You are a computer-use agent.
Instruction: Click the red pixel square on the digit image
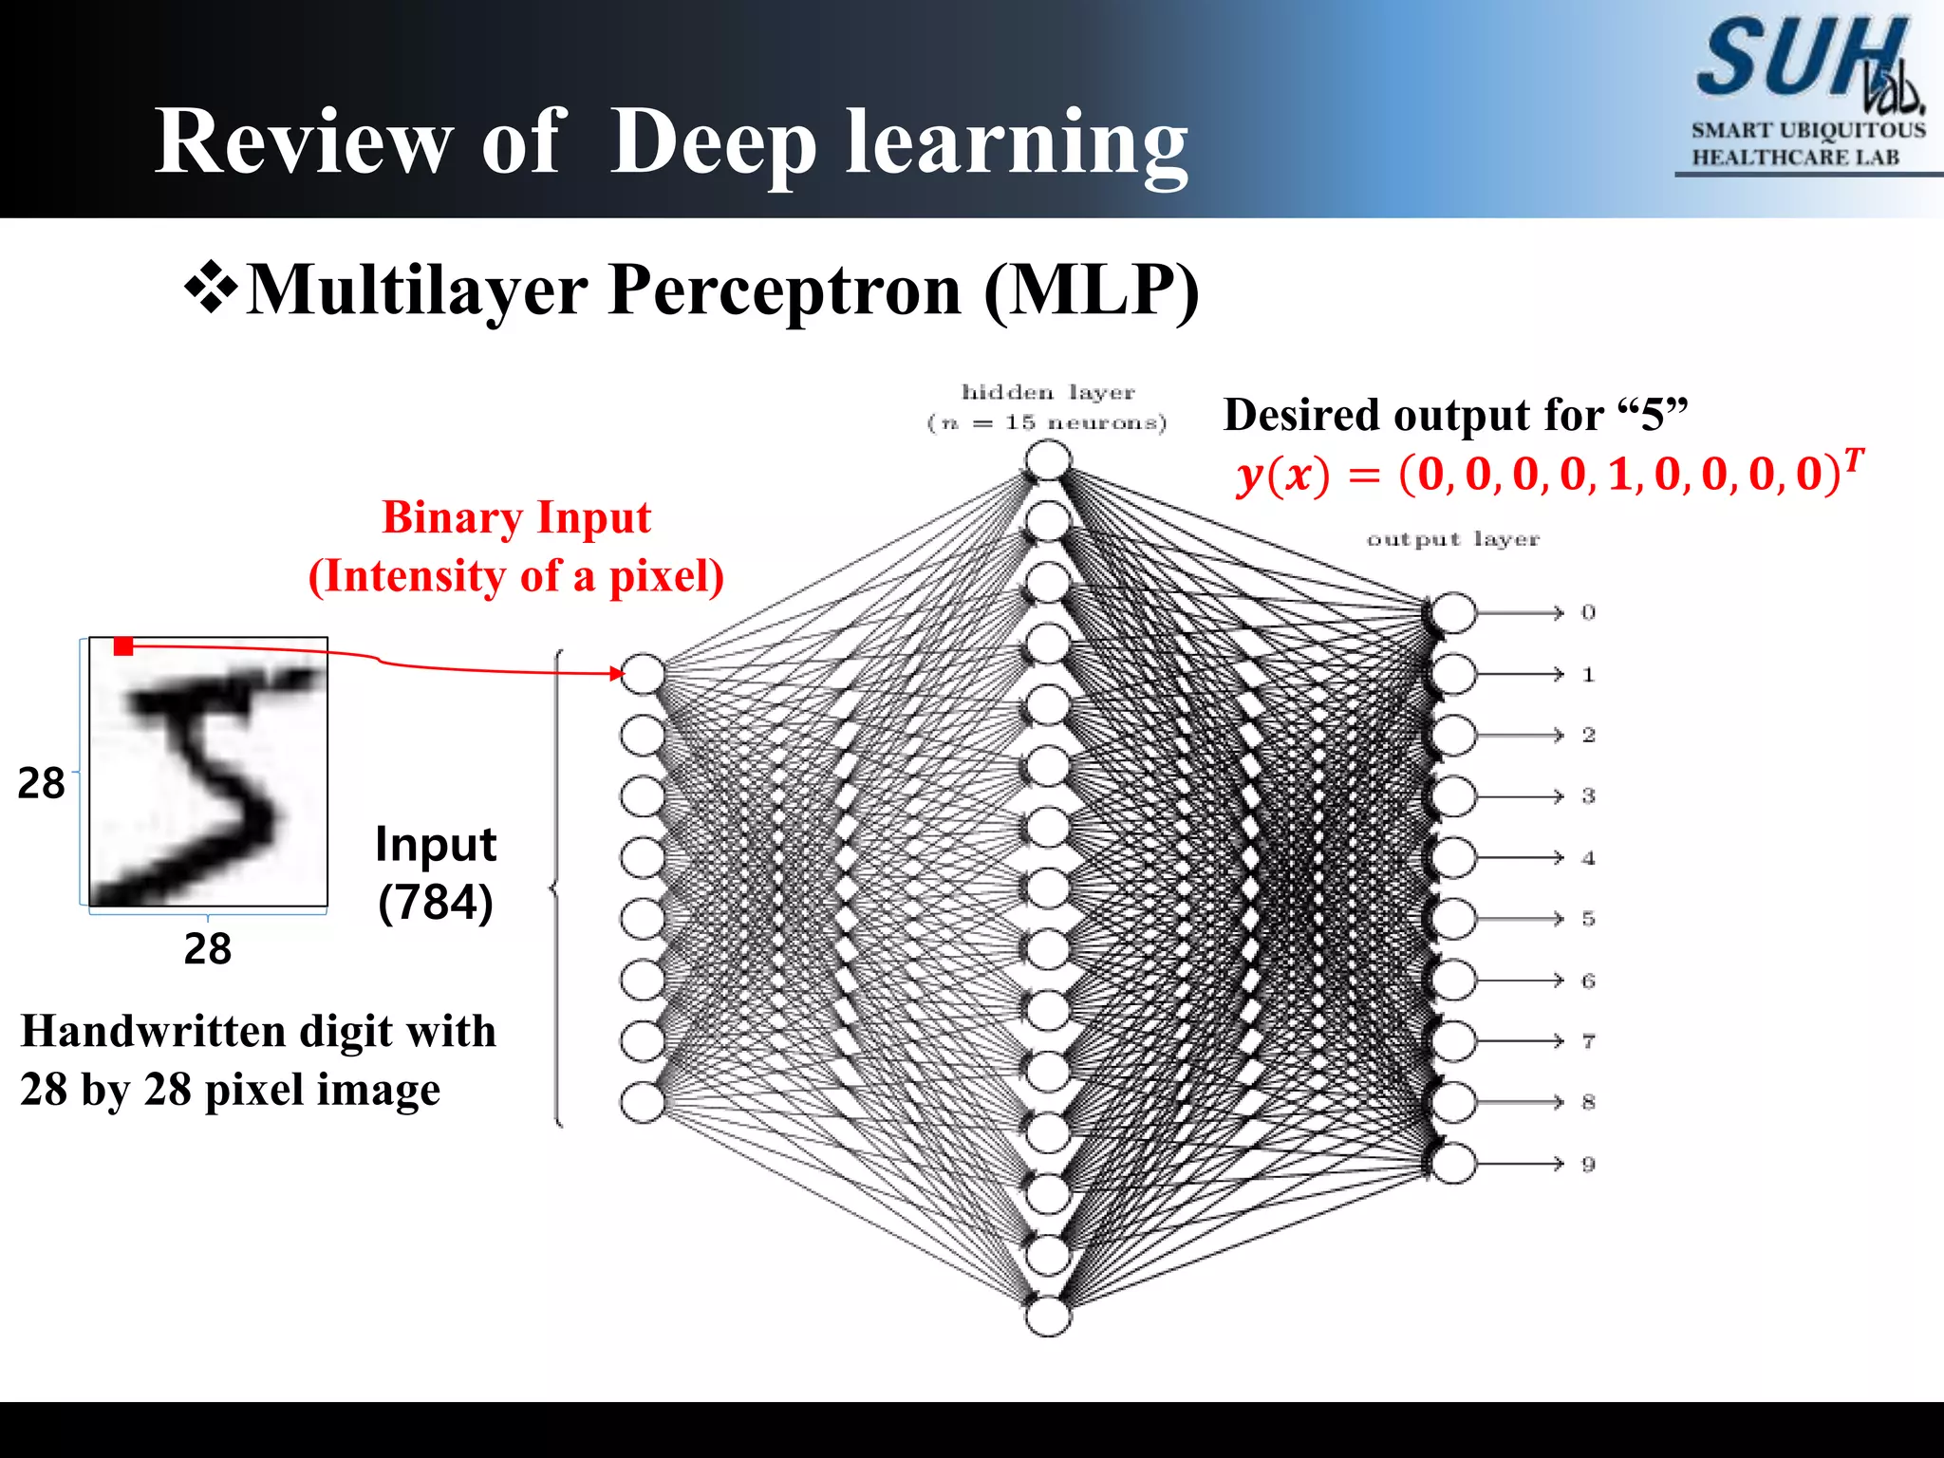click(122, 646)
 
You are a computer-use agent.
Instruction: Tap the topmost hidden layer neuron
click(1048, 461)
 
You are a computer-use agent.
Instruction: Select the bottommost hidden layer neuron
click(1048, 1317)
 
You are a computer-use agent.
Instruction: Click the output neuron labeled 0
click(1453, 613)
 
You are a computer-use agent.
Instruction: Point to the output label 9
click(1588, 1165)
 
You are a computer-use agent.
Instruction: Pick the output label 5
click(1588, 919)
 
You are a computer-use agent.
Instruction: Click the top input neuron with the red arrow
click(643, 674)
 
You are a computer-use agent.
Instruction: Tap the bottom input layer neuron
click(643, 1103)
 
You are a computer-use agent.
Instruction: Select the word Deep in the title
click(713, 141)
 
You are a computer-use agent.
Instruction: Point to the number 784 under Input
click(436, 902)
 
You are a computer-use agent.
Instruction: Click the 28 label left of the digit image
click(41, 784)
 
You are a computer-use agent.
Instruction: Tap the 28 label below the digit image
click(208, 949)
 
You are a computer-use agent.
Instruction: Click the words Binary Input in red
click(516, 518)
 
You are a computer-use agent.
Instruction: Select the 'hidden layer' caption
click(1048, 393)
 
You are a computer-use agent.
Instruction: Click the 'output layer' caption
click(1452, 539)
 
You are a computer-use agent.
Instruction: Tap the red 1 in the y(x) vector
click(1619, 474)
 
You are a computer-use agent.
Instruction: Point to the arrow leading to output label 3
click(1519, 796)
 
